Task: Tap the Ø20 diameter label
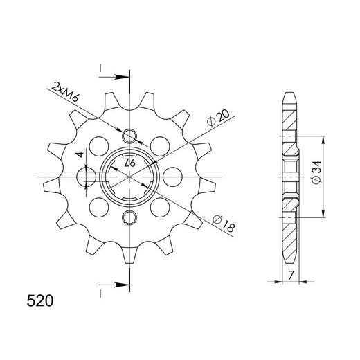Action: tap(217, 119)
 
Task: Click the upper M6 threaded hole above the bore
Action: tap(129, 134)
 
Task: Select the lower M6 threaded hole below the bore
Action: tap(129, 219)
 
